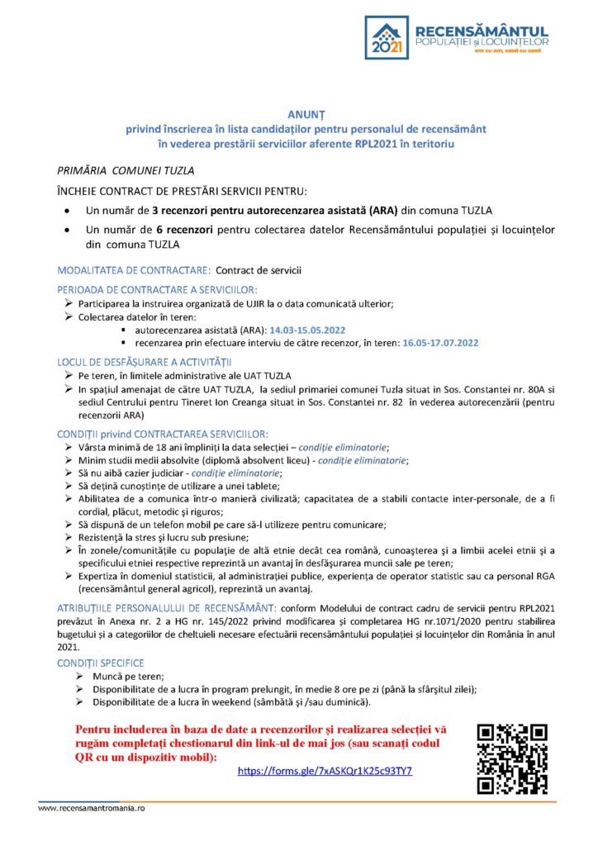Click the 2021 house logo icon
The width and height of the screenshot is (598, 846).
click(x=388, y=37)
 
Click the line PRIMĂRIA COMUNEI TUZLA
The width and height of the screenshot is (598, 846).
click(x=126, y=171)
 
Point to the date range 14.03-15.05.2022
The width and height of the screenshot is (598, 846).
click(x=307, y=330)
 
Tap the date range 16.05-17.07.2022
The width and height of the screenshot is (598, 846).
click(x=440, y=341)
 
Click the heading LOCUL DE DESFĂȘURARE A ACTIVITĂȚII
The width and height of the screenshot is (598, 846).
click(x=145, y=362)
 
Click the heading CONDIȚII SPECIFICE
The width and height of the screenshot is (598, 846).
click(x=101, y=663)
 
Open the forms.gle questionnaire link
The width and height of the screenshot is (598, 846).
click(x=325, y=771)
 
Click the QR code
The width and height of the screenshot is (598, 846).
click(x=512, y=758)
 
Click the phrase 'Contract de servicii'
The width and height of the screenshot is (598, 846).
click(x=259, y=270)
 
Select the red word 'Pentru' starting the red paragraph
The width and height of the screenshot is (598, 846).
click(x=97, y=730)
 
